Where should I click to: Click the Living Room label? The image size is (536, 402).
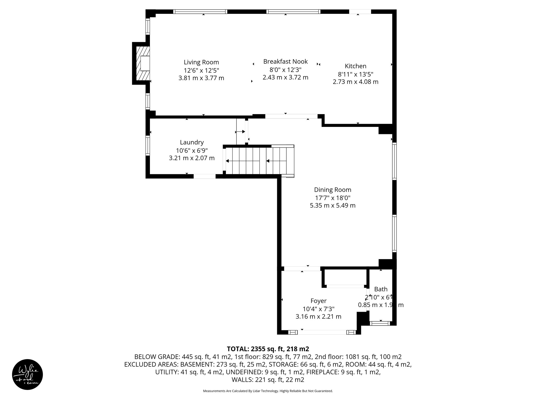[201, 62]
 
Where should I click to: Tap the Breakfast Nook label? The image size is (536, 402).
[285, 62]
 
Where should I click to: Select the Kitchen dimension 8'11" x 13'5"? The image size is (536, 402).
[355, 74]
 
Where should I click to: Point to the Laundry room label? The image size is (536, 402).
[192, 142]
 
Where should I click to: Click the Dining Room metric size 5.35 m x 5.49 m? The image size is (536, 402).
[332, 205]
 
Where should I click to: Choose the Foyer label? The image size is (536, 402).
[318, 301]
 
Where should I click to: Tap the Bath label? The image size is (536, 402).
[381, 289]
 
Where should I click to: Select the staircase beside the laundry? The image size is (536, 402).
[259, 161]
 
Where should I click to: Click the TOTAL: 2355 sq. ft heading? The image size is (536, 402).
[268, 349]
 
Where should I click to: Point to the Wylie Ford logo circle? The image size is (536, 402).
[27, 375]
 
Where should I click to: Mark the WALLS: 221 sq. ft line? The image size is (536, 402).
[268, 380]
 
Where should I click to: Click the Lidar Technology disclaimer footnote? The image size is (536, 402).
[268, 391]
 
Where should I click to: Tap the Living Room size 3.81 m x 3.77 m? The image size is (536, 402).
[201, 78]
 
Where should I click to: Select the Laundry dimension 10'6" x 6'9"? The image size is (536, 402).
[192, 150]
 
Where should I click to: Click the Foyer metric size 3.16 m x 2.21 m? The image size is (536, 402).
[318, 317]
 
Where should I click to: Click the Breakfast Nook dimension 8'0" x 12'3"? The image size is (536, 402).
[285, 70]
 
